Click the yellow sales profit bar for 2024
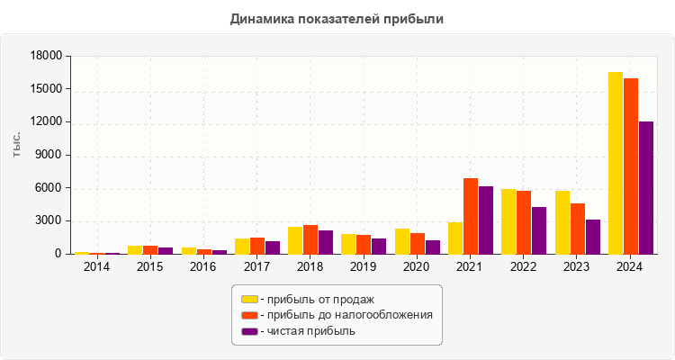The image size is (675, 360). click(616, 163)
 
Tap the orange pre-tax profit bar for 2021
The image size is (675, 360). click(471, 216)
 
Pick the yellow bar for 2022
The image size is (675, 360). click(508, 221)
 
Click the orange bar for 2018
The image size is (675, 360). click(310, 239)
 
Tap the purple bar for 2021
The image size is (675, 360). click(486, 220)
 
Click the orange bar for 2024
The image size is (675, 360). click(631, 166)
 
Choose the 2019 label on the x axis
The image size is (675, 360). click(364, 266)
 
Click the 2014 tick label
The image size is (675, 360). click(96, 266)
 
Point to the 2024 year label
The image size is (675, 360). click(630, 266)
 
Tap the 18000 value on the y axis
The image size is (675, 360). click(45, 56)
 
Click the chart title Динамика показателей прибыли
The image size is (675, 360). click(337, 18)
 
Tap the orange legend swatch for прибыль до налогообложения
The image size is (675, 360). click(249, 315)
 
